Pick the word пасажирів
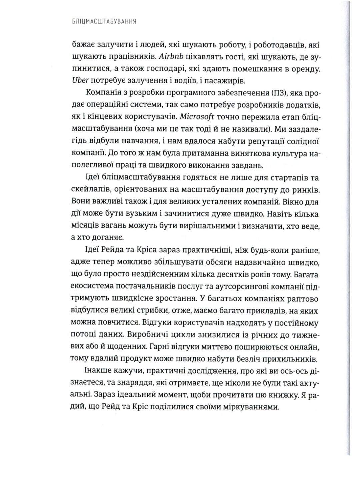click(213, 80)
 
